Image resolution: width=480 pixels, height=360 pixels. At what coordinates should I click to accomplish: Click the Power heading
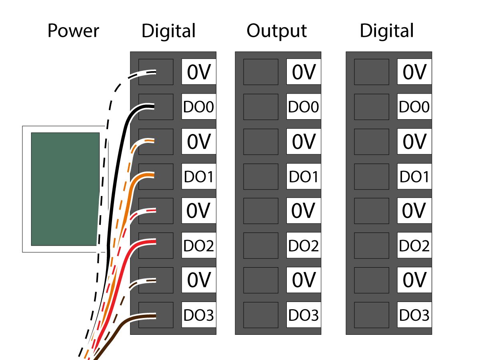click(x=73, y=31)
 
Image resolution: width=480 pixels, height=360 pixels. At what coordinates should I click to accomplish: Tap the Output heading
click(x=276, y=31)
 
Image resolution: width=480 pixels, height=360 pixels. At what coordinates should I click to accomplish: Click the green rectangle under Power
click(x=65, y=189)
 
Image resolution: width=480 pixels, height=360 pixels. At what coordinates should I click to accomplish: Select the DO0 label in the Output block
click(x=304, y=107)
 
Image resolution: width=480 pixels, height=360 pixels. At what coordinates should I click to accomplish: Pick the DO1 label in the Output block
click(x=304, y=176)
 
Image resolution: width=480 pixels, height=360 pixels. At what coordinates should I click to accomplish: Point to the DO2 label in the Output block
click(x=304, y=246)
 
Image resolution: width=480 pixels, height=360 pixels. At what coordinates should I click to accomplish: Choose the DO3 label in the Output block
click(x=304, y=315)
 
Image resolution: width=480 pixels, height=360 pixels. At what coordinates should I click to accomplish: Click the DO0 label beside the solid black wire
click(x=199, y=107)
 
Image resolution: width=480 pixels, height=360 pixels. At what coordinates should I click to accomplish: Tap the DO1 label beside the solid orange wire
click(x=199, y=176)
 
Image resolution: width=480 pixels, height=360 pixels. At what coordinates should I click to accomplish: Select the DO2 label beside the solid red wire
click(x=199, y=246)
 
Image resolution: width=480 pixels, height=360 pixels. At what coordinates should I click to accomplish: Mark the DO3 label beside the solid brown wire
click(x=199, y=315)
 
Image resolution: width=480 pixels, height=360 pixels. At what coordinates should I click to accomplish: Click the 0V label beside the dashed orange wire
click(x=199, y=142)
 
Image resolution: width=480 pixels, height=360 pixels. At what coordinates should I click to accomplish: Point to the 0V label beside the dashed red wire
click(x=199, y=211)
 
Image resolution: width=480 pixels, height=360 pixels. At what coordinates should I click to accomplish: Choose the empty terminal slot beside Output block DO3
click(x=260, y=315)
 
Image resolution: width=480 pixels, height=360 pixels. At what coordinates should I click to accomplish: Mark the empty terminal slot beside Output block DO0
click(x=260, y=107)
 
